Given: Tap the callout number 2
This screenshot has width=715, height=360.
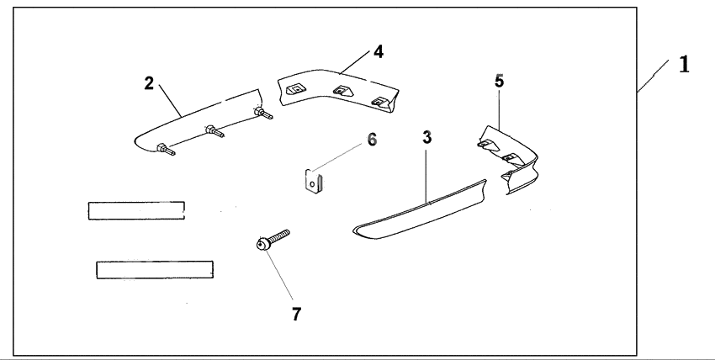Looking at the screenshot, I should point(149,82).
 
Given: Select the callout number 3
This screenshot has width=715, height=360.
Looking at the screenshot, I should point(427,136).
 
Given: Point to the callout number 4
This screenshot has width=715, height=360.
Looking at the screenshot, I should point(379,51).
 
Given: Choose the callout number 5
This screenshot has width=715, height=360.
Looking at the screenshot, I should point(499,82).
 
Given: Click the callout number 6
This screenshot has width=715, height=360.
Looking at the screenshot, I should point(371,139).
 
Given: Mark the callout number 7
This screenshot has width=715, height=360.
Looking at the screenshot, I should point(296,314).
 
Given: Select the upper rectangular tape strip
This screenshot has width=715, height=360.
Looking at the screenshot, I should point(136,209).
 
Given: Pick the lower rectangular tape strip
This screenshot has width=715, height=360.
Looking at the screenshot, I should point(154,269).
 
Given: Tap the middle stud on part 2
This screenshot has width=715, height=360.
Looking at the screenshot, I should point(213,132).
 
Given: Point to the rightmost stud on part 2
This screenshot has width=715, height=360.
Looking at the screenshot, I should point(262,113).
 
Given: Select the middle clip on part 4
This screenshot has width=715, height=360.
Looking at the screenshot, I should point(341,93).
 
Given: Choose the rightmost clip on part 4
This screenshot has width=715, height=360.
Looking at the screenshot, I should point(380,101).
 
